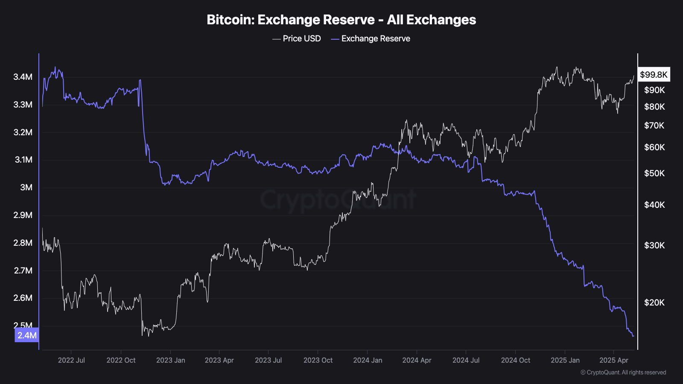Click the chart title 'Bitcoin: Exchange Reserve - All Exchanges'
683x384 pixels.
(x=341, y=20)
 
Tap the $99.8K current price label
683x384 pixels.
(x=654, y=75)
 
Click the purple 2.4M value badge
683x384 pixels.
(x=27, y=335)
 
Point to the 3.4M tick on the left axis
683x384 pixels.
(x=23, y=77)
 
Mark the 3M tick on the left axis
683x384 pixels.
(x=26, y=187)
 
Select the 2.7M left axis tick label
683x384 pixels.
(x=23, y=271)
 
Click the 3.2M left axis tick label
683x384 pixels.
(x=23, y=132)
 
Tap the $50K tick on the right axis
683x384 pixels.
(x=654, y=173)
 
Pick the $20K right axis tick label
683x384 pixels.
(x=654, y=303)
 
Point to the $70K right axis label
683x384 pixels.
(x=654, y=125)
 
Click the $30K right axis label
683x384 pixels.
(x=654, y=245)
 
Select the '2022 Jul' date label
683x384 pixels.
(x=71, y=360)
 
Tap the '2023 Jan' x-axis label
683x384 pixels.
(x=171, y=360)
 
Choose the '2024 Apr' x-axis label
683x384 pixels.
(x=417, y=360)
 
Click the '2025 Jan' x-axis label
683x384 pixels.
(x=565, y=360)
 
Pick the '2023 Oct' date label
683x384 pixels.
(x=318, y=360)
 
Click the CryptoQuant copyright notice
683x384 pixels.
(x=623, y=372)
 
